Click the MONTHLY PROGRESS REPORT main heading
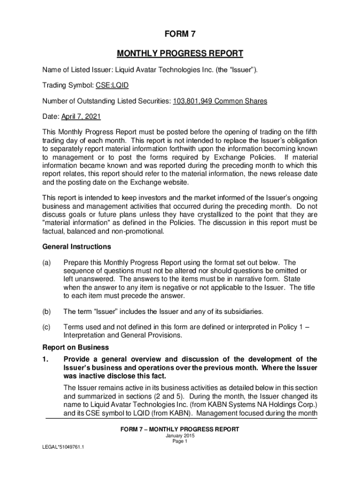tap(180, 53)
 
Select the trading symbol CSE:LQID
tap(112, 86)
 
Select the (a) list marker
tap(47, 263)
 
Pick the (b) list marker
tap(47, 311)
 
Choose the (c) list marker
tap(47, 327)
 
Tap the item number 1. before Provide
tap(46, 359)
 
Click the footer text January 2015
tap(180, 435)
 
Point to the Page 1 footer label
tap(180, 441)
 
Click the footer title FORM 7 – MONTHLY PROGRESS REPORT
tap(180, 429)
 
